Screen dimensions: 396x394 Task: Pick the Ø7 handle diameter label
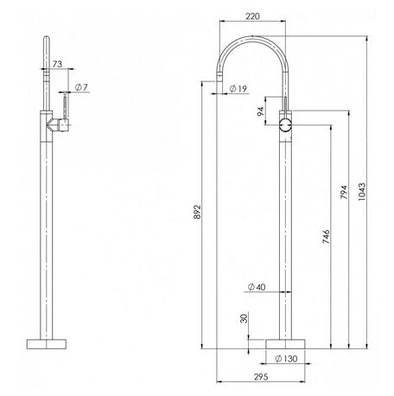pos(79,86)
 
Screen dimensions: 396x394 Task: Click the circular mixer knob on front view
pos(286,126)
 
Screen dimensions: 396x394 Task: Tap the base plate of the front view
pos(286,340)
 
